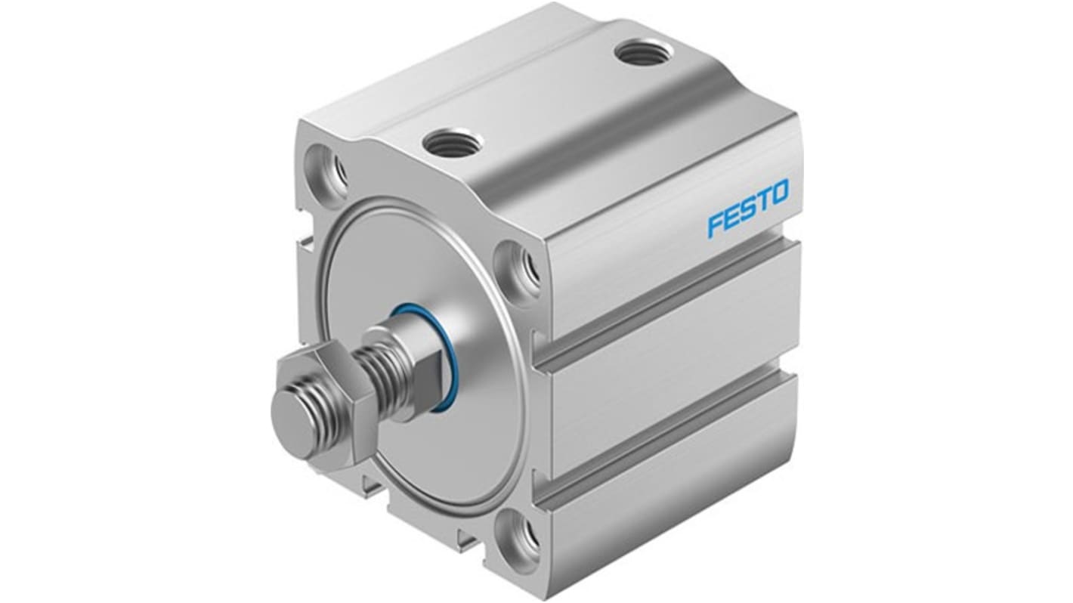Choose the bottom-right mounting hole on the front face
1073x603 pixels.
tap(524, 536)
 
